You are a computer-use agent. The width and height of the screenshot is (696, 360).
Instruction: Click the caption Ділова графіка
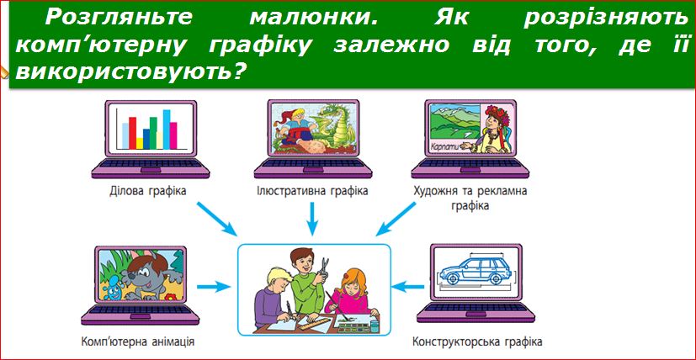[147, 192]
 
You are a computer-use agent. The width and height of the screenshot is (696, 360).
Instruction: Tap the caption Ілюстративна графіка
[312, 192]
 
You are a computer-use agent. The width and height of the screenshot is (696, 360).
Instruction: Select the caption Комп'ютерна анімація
[138, 341]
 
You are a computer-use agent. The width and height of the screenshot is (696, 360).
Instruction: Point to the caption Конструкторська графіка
[477, 341]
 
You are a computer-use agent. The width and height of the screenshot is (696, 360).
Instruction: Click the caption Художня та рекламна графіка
[470, 199]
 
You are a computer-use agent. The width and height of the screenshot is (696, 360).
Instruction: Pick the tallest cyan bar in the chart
[167, 130]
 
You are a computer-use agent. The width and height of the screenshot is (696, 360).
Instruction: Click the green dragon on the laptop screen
[336, 125]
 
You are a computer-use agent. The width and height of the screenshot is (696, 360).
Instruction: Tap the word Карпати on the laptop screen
[444, 146]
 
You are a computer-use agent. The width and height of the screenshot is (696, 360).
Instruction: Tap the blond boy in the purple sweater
[275, 299]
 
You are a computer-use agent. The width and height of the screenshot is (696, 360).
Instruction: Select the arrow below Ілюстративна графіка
[312, 218]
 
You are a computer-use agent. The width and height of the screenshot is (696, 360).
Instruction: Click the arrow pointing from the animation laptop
[214, 287]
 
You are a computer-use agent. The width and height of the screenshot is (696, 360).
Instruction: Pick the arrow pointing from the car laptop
[408, 287]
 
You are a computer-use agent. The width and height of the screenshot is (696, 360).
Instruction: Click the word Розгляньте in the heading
[119, 19]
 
